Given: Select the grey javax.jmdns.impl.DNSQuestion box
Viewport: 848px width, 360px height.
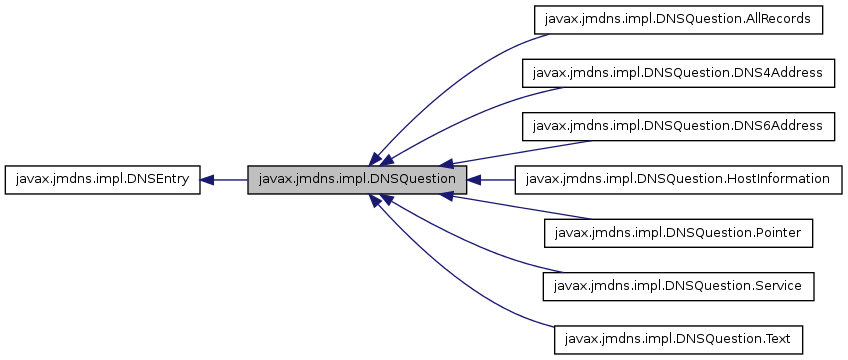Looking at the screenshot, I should (357, 180).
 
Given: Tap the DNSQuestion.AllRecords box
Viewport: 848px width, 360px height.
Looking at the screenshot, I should (679, 19).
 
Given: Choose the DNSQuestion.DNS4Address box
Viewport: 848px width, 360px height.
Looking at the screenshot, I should (679, 73).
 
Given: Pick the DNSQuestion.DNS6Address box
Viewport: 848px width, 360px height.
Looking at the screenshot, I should (679, 126).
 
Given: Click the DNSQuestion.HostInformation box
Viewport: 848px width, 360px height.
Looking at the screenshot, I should (679, 180).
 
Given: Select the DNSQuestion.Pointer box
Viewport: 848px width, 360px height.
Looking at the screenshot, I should (679, 233).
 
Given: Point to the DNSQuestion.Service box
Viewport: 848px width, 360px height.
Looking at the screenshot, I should (679, 287).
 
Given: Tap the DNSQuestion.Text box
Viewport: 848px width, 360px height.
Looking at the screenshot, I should (679, 340).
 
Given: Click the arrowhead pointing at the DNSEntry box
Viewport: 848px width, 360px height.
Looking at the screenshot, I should (207, 180).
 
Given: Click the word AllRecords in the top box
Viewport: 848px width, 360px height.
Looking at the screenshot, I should (786, 19).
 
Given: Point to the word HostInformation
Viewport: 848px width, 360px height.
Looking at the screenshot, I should (778, 180).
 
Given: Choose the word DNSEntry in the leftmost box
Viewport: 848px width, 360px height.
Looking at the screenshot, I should (162, 180).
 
